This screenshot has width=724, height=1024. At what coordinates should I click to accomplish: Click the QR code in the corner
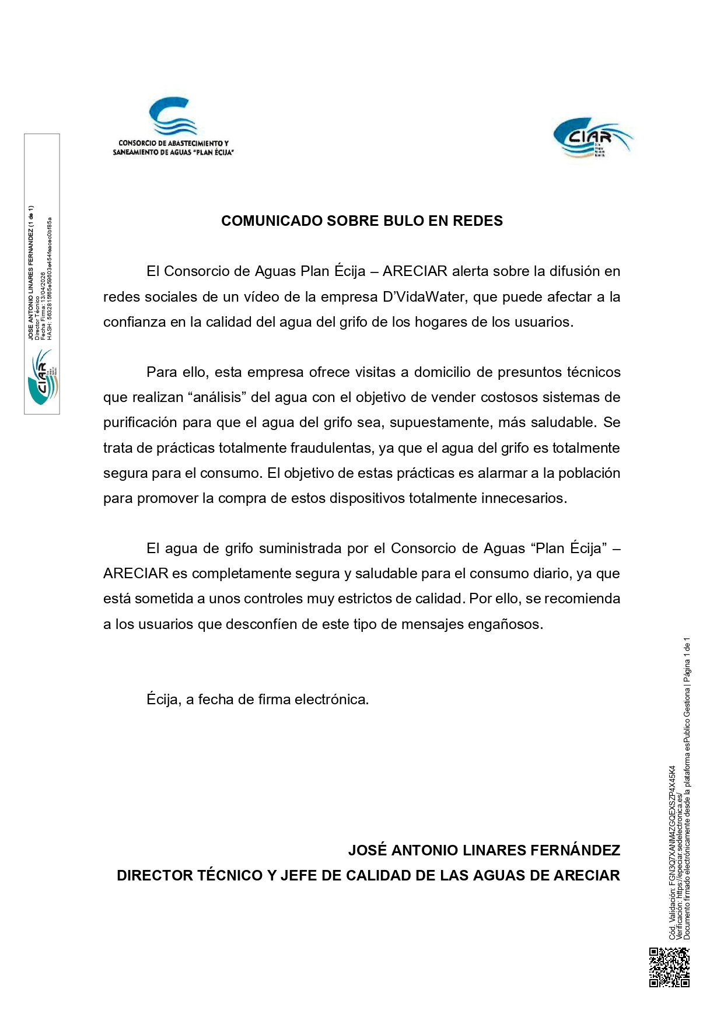click(x=669, y=967)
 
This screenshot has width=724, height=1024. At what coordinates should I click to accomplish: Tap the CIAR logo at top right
click(x=593, y=138)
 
